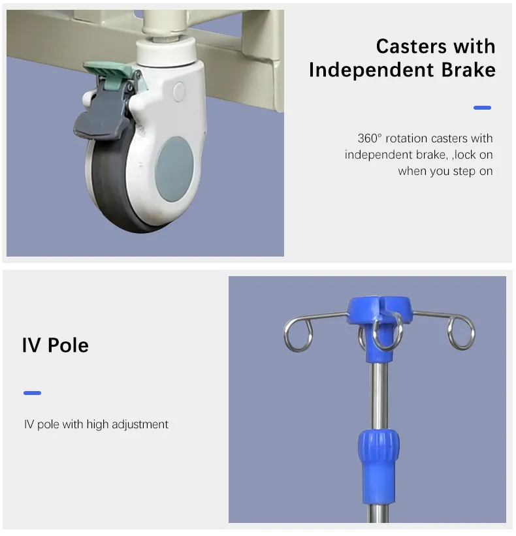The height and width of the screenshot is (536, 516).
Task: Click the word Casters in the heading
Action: [411, 46]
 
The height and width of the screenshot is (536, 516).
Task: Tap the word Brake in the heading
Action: [468, 70]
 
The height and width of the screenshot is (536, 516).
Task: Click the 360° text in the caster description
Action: [369, 138]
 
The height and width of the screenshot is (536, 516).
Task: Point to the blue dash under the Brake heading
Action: [482, 108]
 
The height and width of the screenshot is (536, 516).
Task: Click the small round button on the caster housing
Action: [179, 91]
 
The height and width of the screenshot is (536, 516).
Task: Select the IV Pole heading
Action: [56, 345]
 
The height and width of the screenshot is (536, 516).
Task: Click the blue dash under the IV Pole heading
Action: [32, 393]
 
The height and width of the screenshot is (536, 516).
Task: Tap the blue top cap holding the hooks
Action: [379, 309]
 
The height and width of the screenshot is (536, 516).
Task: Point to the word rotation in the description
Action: [407, 138]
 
